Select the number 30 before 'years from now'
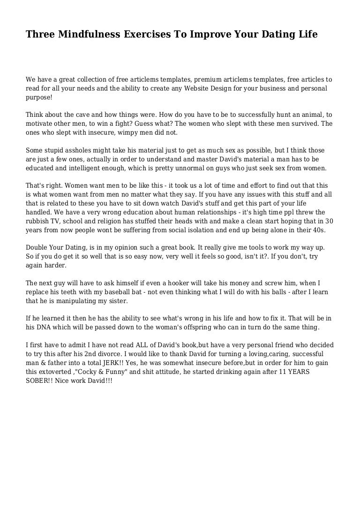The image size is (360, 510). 329,221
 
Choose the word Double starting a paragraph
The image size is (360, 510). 37,247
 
